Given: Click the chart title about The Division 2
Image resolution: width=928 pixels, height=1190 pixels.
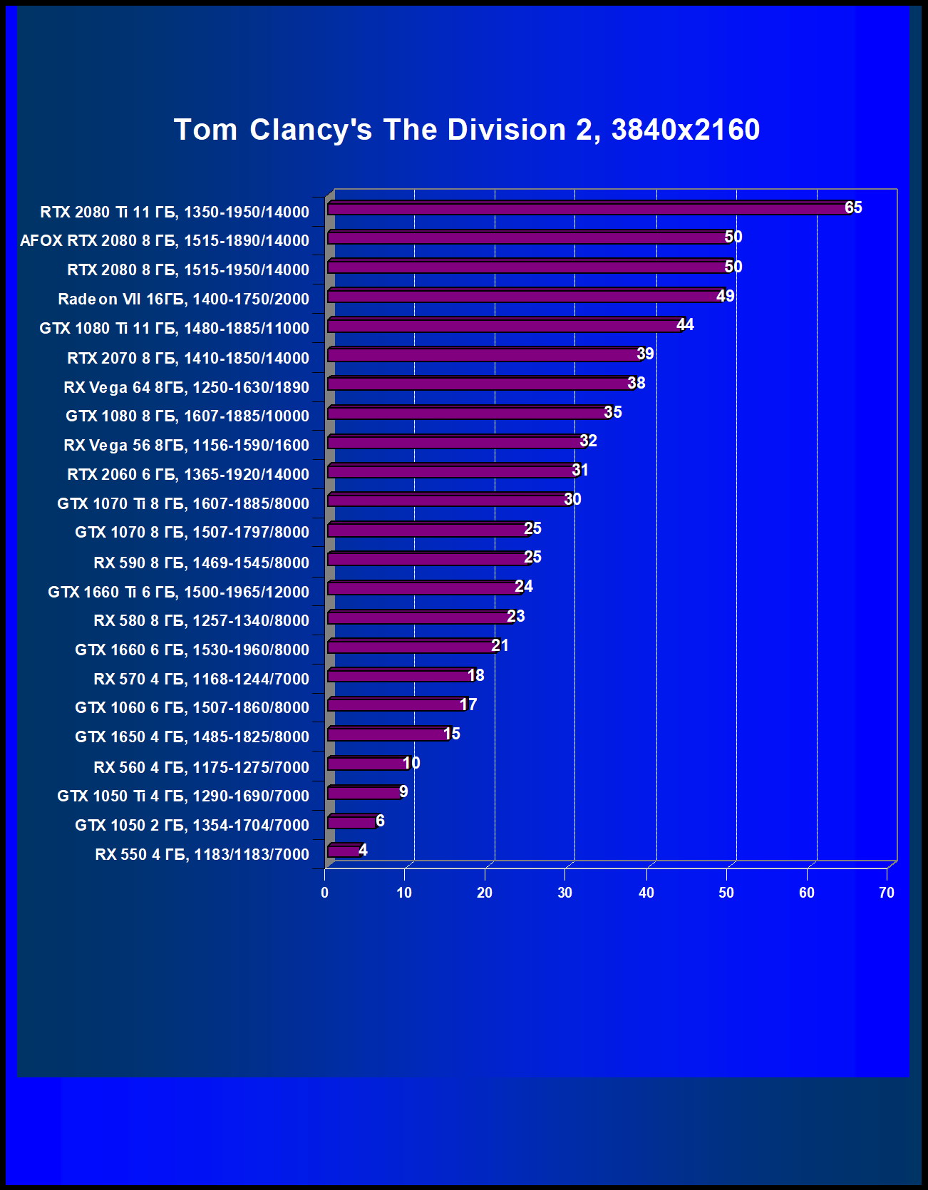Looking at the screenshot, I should coord(467,130).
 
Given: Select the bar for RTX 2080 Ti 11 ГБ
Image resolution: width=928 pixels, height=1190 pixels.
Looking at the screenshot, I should coord(588,208).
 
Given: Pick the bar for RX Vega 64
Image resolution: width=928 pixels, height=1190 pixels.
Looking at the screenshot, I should coord(480,384).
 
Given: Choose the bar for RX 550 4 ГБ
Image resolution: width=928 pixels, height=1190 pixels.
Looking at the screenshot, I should coord(344,851).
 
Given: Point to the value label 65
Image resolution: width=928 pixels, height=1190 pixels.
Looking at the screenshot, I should coord(853,207).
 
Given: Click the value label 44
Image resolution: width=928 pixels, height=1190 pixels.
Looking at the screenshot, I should coord(685,325).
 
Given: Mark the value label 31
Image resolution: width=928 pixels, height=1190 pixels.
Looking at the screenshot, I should coord(580,471).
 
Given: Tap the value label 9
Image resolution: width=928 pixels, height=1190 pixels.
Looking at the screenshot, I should coord(403,791).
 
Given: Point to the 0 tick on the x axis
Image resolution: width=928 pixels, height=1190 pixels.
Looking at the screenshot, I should coord(325,893).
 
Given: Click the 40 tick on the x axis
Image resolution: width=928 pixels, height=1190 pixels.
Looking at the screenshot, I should coord(646,893).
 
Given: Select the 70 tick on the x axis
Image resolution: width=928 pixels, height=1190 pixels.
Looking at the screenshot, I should coord(887,893).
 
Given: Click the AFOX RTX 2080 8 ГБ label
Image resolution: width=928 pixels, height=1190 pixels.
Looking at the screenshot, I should coord(165,241).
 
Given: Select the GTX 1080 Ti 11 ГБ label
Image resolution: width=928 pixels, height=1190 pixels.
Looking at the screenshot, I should coord(175,329).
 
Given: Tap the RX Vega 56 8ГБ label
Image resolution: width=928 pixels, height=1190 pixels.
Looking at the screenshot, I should coord(187,446).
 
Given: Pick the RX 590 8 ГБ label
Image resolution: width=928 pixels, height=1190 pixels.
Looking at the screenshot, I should coord(202,563).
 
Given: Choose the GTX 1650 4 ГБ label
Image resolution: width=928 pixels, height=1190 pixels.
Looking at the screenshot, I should coord(192,737).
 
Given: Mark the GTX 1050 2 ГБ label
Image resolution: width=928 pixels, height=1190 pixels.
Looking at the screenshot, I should coord(192,825).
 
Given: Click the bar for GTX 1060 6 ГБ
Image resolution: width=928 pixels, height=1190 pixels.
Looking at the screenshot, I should coord(396,705).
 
